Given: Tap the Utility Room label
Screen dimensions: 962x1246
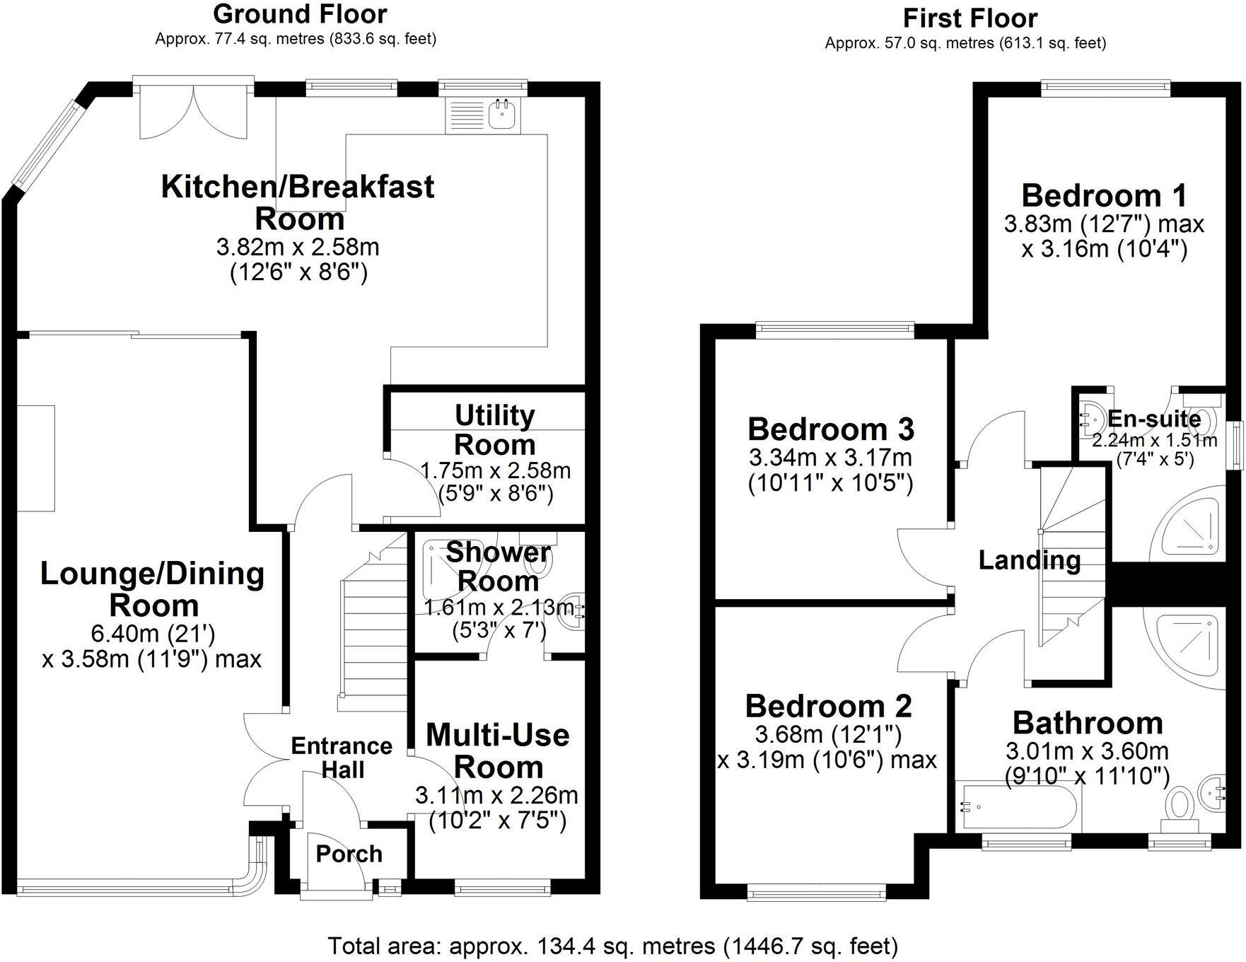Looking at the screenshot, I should (494, 430).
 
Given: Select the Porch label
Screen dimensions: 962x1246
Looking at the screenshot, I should (349, 854).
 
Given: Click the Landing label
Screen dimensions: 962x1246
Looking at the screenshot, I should (1029, 560).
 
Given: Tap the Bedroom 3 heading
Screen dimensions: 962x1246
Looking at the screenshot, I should (831, 429).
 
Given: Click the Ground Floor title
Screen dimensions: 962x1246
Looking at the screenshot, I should (300, 14).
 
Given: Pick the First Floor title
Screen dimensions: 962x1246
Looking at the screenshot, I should (970, 18).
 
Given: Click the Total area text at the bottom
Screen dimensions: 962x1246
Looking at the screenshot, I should (612, 945).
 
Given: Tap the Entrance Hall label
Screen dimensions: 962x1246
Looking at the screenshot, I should (342, 758).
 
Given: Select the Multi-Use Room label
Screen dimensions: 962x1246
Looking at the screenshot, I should (497, 751).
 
